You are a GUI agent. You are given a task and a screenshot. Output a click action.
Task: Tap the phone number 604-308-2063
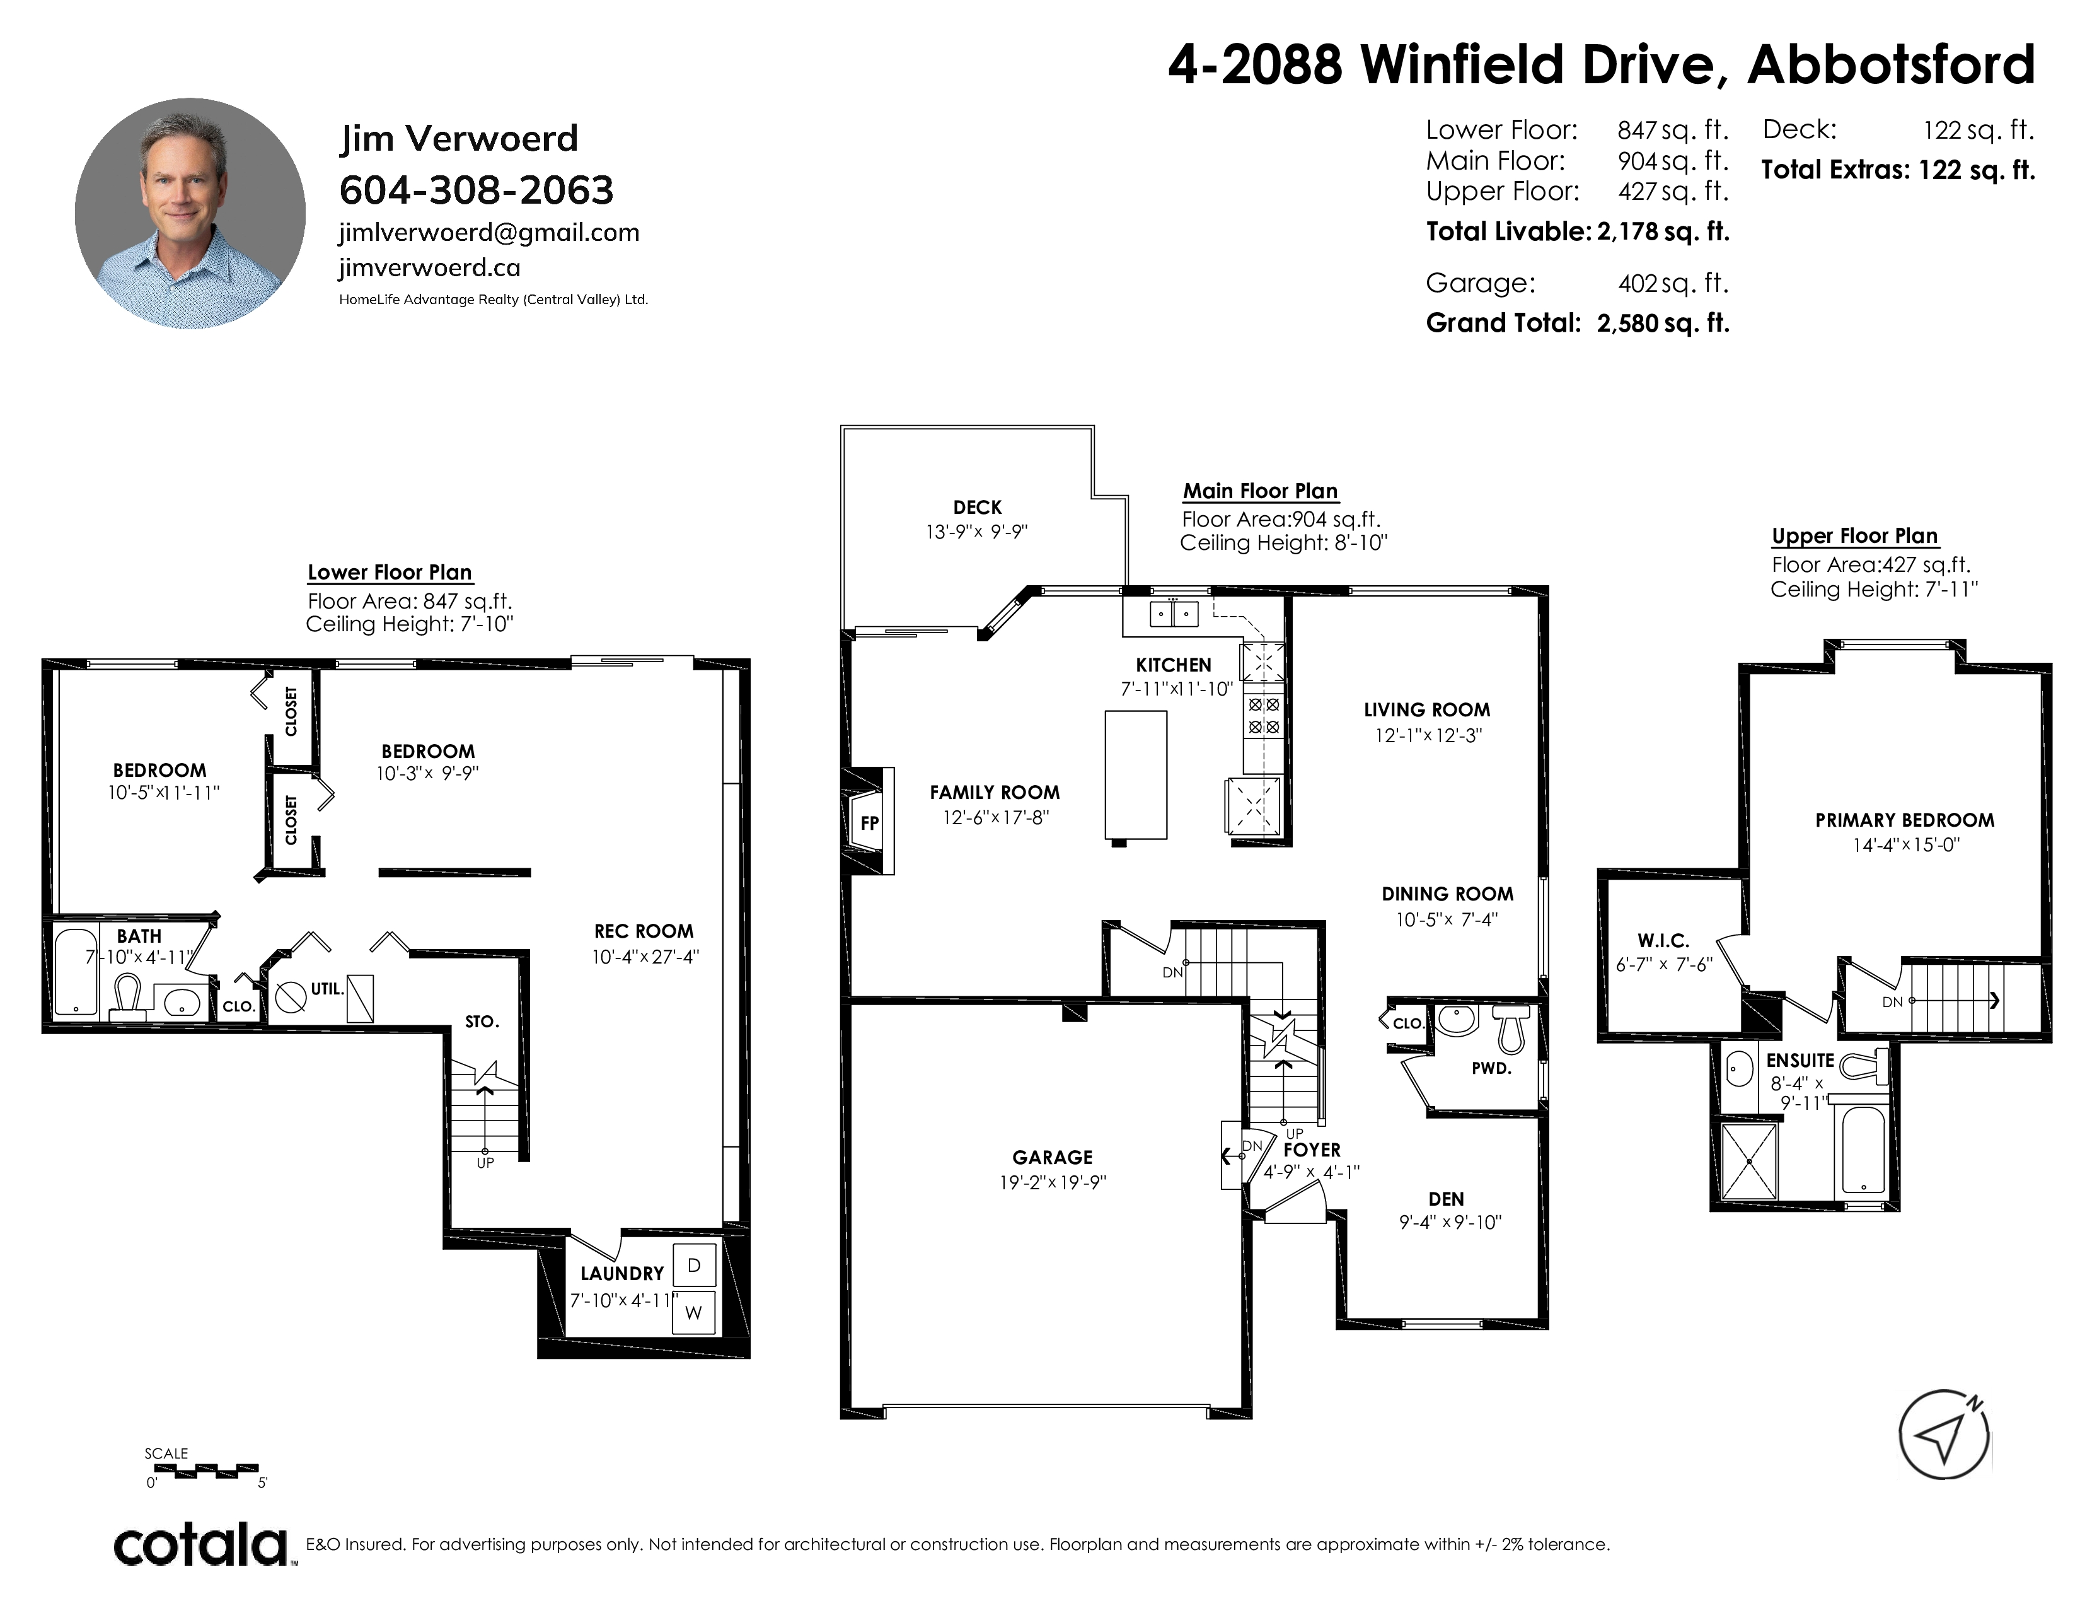point(476,190)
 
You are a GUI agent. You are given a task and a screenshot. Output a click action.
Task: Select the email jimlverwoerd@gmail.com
point(488,233)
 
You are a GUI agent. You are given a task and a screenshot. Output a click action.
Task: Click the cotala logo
point(202,1544)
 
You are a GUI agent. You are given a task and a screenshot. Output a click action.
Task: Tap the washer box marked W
point(693,1313)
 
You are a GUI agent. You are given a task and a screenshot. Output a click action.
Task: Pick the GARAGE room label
point(1053,1157)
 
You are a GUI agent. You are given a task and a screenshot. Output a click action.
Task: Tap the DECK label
point(977,508)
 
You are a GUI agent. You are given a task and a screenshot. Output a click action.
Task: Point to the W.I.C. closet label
point(1663,941)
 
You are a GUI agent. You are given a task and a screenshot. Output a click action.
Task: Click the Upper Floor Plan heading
point(1854,537)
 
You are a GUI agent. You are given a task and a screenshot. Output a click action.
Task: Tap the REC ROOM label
point(644,931)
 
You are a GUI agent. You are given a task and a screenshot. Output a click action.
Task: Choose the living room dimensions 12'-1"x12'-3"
point(1428,735)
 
